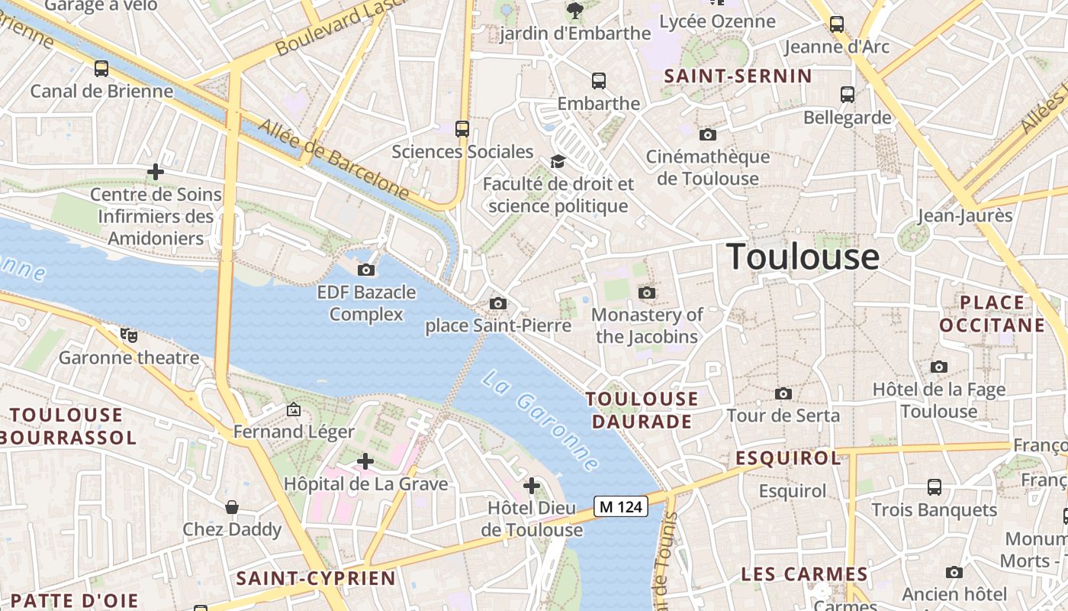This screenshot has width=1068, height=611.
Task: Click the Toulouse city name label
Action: click(x=803, y=257)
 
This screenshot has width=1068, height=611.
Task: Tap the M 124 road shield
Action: click(x=622, y=506)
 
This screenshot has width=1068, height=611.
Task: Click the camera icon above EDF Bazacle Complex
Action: click(x=366, y=270)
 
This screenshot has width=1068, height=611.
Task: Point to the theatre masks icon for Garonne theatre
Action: click(x=130, y=335)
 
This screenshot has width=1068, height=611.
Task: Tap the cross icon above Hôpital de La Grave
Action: click(x=365, y=461)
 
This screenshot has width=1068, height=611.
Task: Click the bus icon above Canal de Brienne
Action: click(x=101, y=69)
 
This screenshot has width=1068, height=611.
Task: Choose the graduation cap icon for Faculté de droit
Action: click(x=558, y=161)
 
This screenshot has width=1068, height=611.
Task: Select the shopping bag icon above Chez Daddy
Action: click(x=232, y=507)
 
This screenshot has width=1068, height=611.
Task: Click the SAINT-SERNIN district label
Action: click(x=738, y=76)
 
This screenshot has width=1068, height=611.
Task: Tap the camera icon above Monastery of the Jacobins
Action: click(x=647, y=293)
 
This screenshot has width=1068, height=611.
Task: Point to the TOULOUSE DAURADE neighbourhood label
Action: click(x=642, y=410)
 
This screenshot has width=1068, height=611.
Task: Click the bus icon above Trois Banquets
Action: click(x=934, y=487)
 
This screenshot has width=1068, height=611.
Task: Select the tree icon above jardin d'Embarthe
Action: click(x=574, y=11)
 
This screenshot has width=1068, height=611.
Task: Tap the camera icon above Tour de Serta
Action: click(x=783, y=393)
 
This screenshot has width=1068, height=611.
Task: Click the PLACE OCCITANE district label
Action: click(x=992, y=314)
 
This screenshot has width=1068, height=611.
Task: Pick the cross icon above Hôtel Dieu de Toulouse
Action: click(x=532, y=486)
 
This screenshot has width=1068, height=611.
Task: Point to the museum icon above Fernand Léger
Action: click(x=294, y=409)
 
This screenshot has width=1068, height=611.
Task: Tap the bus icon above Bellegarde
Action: click(x=848, y=95)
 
